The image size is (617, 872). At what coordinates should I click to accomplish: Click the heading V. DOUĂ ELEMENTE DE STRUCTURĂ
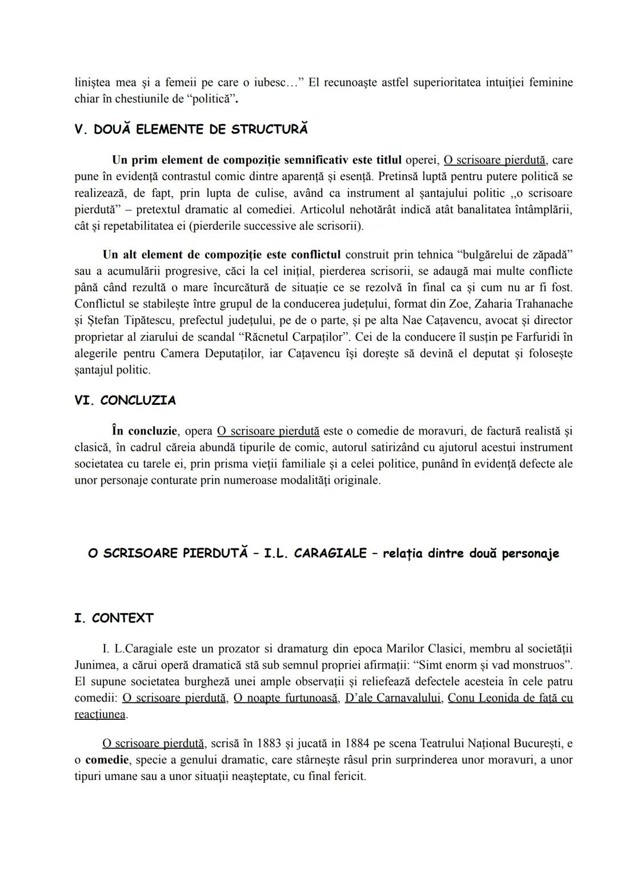point(191,129)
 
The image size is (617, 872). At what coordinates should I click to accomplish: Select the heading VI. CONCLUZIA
point(125,400)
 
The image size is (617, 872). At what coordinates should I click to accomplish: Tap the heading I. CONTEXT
point(114,618)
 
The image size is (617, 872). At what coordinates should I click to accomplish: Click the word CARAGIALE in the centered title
point(330,554)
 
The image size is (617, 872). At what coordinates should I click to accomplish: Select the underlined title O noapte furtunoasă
point(285,698)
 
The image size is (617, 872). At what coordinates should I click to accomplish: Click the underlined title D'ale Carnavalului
point(392,698)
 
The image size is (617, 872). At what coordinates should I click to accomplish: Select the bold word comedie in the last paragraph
point(107,760)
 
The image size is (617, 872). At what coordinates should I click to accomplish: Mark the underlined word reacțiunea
point(100,715)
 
